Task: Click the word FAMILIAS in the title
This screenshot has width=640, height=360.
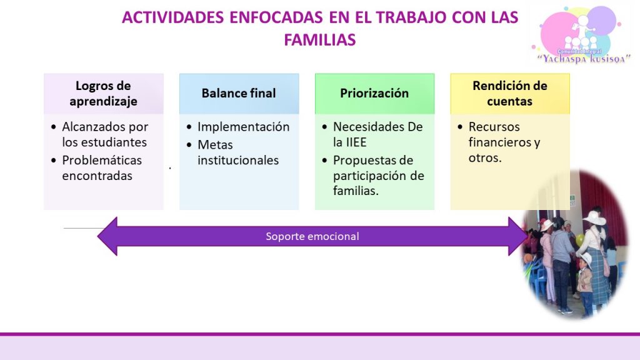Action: click(320, 40)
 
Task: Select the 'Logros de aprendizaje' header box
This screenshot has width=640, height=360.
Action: click(104, 94)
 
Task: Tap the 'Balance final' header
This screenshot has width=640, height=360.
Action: click(239, 94)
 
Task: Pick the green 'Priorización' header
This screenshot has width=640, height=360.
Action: click(375, 94)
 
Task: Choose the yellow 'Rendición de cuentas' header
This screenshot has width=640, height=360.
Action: click(510, 94)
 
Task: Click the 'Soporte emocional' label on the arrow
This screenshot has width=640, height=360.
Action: click(312, 236)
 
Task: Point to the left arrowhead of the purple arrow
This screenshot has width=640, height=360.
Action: click(107, 236)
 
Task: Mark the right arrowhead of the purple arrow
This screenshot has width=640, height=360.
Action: click(518, 236)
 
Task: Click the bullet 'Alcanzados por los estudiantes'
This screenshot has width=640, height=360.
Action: click(104, 134)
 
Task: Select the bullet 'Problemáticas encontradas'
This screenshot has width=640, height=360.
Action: click(102, 167)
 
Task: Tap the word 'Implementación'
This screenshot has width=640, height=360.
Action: click(244, 127)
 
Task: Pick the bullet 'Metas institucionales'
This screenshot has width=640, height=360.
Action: click(238, 152)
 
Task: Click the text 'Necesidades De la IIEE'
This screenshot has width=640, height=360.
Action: click(378, 134)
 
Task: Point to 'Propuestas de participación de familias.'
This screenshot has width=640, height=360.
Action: click(379, 176)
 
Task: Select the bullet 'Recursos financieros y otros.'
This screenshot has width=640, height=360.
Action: click(504, 142)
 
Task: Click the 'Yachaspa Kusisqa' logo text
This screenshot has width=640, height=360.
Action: click(584, 59)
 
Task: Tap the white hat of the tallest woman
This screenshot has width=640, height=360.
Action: click(595, 217)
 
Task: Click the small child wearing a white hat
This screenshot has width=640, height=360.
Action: click(585, 282)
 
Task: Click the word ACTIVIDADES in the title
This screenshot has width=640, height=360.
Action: click(173, 17)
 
